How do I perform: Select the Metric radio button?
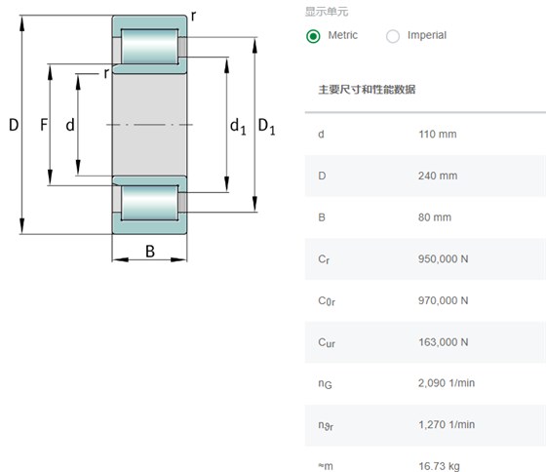pyautogui.click(x=313, y=36)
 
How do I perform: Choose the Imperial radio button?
pyautogui.click(x=393, y=36)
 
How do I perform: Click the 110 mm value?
pyautogui.click(x=438, y=135)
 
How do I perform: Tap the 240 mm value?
pyautogui.click(x=438, y=176)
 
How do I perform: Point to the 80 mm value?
pyautogui.click(x=435, y=217)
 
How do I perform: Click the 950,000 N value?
pyautogui.click(x=443, y=258)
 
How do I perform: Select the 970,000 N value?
pyautogui.click(x=443, y=300)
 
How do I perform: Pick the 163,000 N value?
pyautogui.click(x=443, y=342)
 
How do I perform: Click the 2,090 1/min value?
pyautogui.click(x=447, y=383)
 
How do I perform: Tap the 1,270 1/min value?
pyautogui.click(x=447, y=424)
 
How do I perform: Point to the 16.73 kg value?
pyautogui.click(x=439, y=466)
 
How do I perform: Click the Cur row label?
pyautogui.click(x=327, y=342)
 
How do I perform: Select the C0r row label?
pyautogui.click(x=327, y=301)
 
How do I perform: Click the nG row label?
pyautogui.click(x=325, y=384)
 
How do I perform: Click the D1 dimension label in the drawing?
pyautogui.click(x=267, y=126)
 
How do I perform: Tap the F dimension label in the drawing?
pyautogui.click(x=44, y=125)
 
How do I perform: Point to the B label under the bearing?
pyautogui.click(x=150, y=252)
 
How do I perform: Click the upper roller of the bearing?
pyautogui.click(x=150, y=47)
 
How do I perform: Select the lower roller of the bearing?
pyautogui.click(x=150, y=203)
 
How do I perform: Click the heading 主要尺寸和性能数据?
pyautogui.click(x=367, y=90)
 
